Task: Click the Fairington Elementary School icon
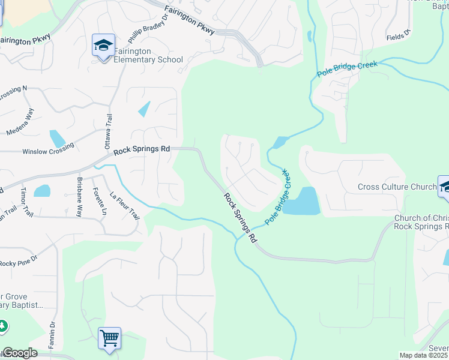103,46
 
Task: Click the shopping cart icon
110,338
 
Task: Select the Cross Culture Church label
397,187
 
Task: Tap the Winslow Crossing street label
48,148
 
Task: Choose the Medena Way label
21,122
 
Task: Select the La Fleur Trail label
124,205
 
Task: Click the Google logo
20,353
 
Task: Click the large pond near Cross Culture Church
301,201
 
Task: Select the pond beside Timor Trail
42,191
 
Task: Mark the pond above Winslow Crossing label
57,139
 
